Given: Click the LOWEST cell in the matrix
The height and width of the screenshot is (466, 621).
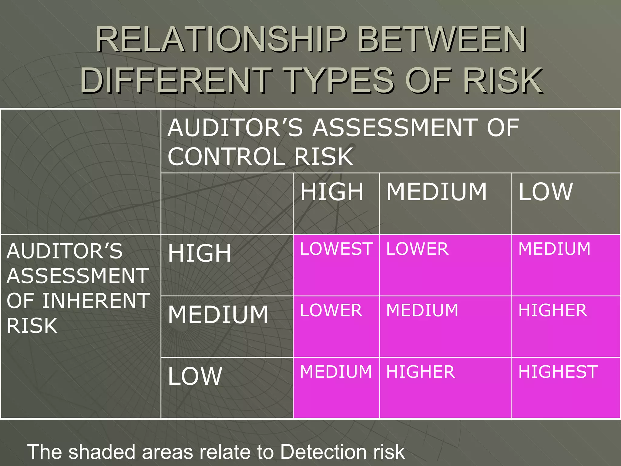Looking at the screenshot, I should (x=336, y=249).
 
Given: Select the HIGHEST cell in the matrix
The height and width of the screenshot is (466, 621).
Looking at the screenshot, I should (x=558, y=372).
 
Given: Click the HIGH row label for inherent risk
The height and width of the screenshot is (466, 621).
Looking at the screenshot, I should (x=200, y=253).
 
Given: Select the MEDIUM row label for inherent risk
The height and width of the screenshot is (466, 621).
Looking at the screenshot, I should (x=218, y=315).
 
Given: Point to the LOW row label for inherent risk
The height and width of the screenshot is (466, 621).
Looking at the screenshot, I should (x=195, y=376).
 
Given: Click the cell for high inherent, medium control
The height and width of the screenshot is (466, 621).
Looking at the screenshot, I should (x=417, y=249).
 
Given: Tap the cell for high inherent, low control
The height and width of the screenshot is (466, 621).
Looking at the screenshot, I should (x=554, y=249).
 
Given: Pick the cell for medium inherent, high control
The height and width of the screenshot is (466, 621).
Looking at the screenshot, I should (x=331, y=311).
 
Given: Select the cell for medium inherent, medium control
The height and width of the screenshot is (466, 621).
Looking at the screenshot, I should (x=422, y=311).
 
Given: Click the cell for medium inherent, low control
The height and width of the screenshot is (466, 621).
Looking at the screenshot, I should (x=552, y=311).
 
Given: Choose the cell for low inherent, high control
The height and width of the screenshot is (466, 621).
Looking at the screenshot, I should (x=336, y=372).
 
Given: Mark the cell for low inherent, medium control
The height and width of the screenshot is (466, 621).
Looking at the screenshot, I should (x=420, y=372).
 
